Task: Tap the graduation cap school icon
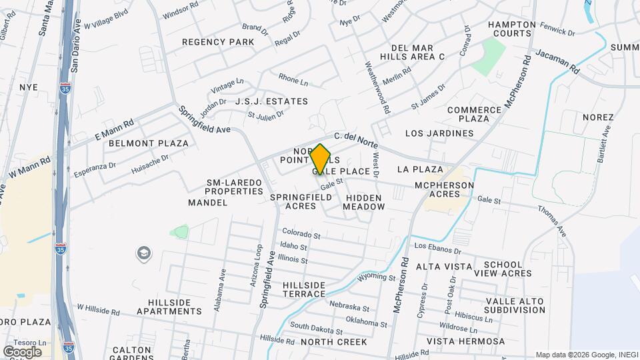[x=143, y=253]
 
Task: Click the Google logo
[x=22, y=351]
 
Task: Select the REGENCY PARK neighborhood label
[x=218, y=42]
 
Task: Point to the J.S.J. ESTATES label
[x=271, y=101]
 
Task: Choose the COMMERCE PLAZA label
[x=474, y=114]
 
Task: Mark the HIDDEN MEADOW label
[x=364, y=202]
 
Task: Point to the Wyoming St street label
[x=377, y=277]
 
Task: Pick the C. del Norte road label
[x=357, y=139]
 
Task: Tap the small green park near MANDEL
[x=179, y=232]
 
